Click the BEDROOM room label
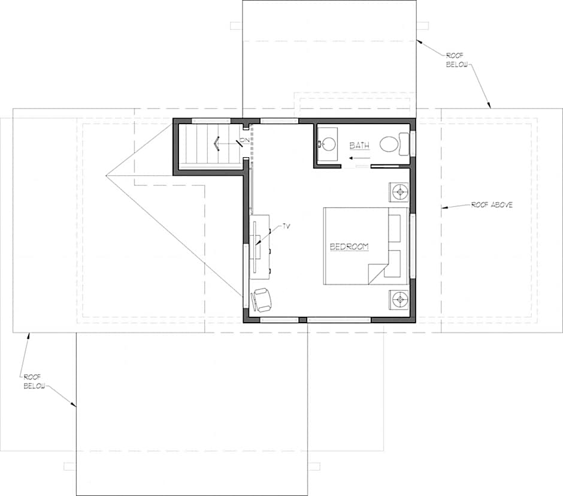[349, 247]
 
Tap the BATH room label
[359, 146]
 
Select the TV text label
[286, 227]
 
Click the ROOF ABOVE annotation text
[492, 205]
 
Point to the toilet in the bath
[394, 144]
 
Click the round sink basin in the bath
[328, 145]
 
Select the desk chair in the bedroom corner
[261, 300]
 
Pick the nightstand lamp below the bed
[399, 299]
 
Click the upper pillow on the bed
[395, 229]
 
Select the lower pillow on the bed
[393, 263]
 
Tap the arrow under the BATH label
[358, 158]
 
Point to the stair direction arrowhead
[216, 144]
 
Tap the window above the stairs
[211, 121]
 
